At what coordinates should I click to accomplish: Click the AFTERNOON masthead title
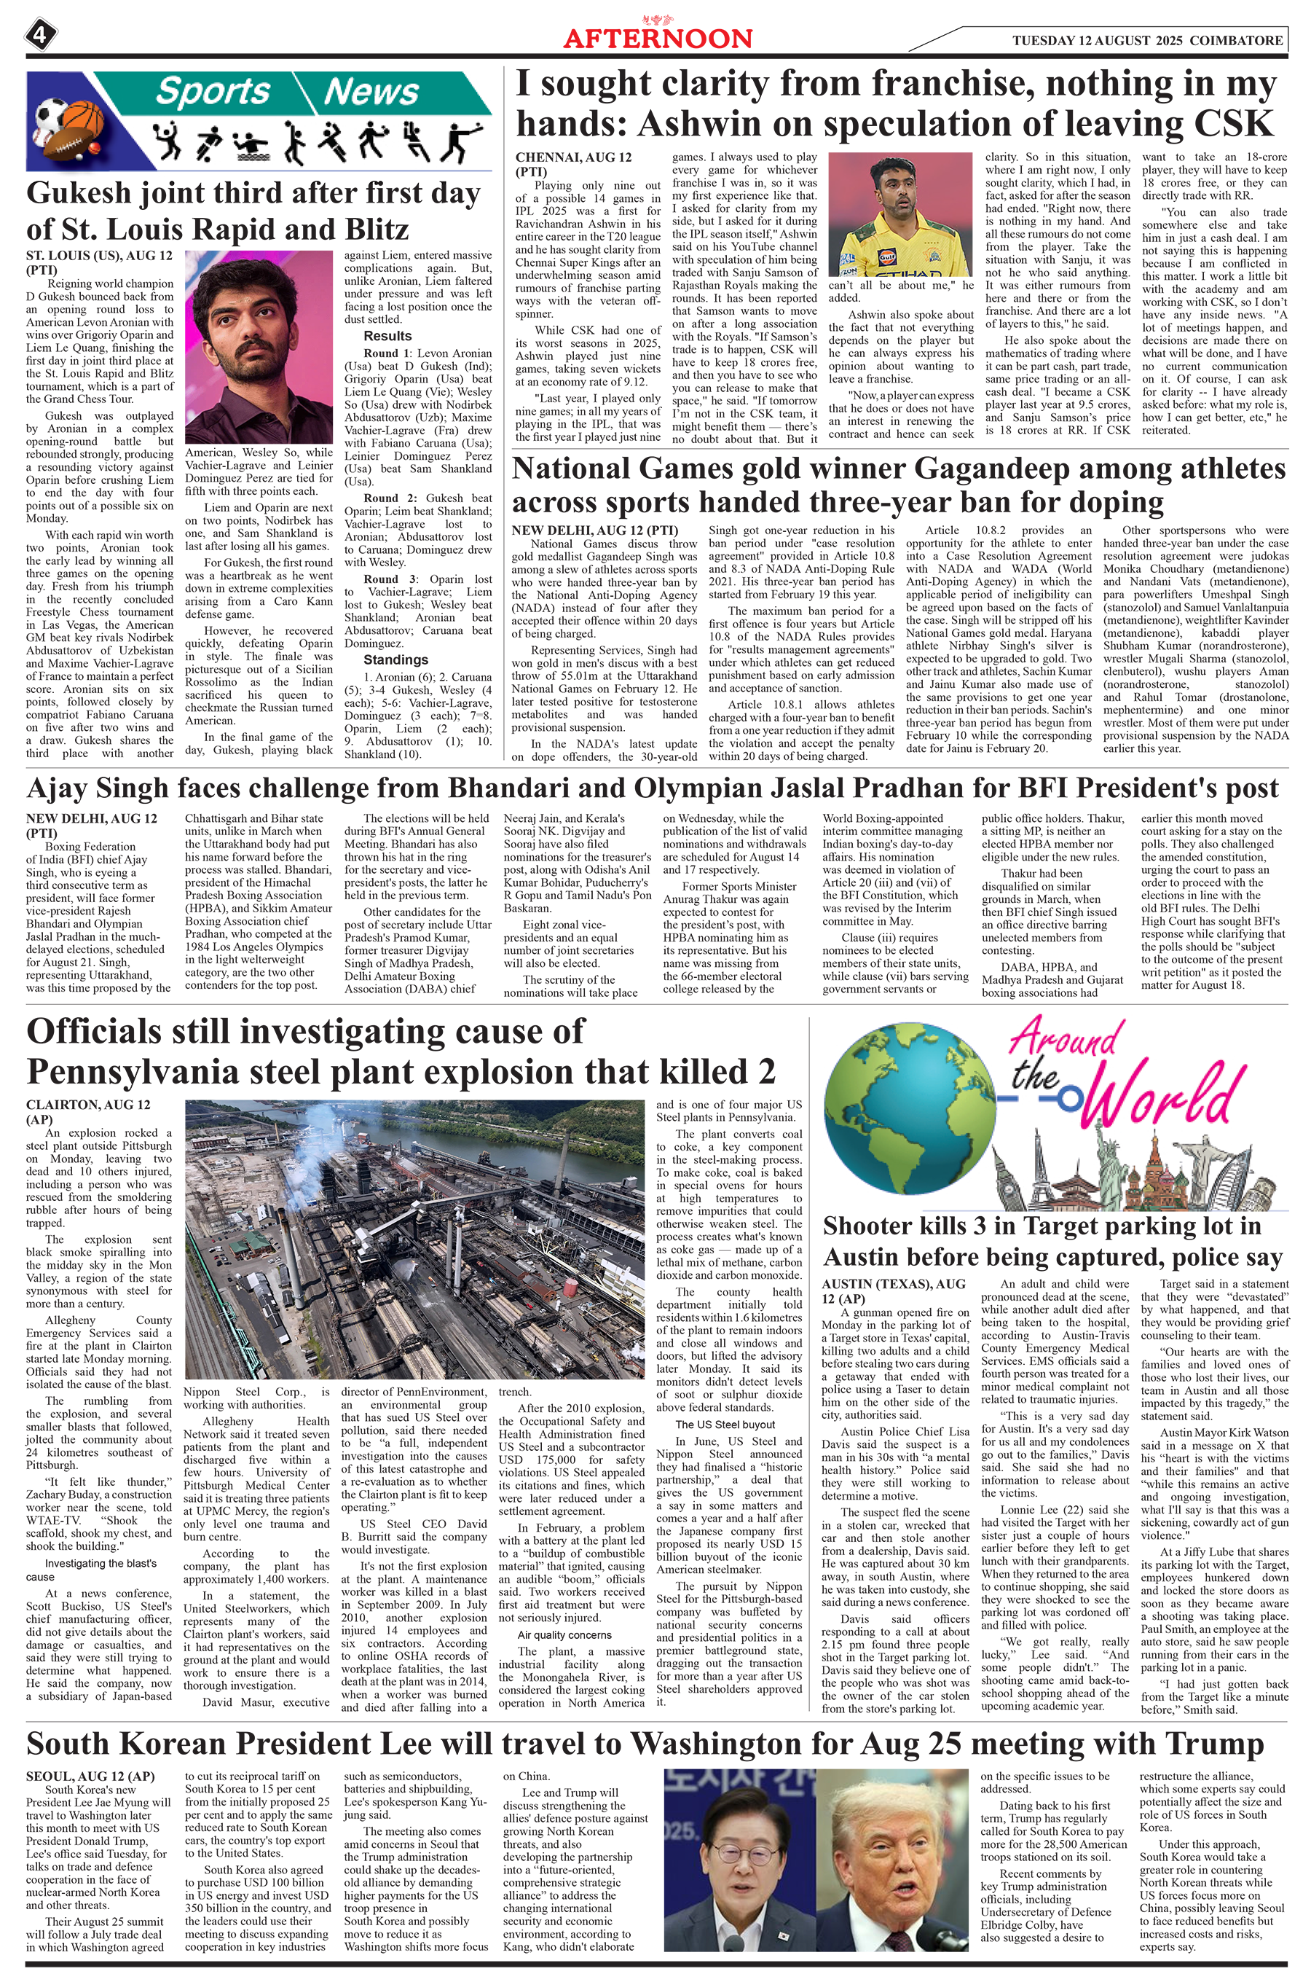(x=657, y=39)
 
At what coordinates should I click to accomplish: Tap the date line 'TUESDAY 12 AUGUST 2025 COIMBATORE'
(x=1146, y=40)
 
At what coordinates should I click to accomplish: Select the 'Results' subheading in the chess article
(x=387, y=336)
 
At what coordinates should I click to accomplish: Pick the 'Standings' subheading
(x=395, y=660)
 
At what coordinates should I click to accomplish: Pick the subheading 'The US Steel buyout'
(x=724, y=1424)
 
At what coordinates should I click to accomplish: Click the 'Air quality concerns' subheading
(x=564, y=1635)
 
